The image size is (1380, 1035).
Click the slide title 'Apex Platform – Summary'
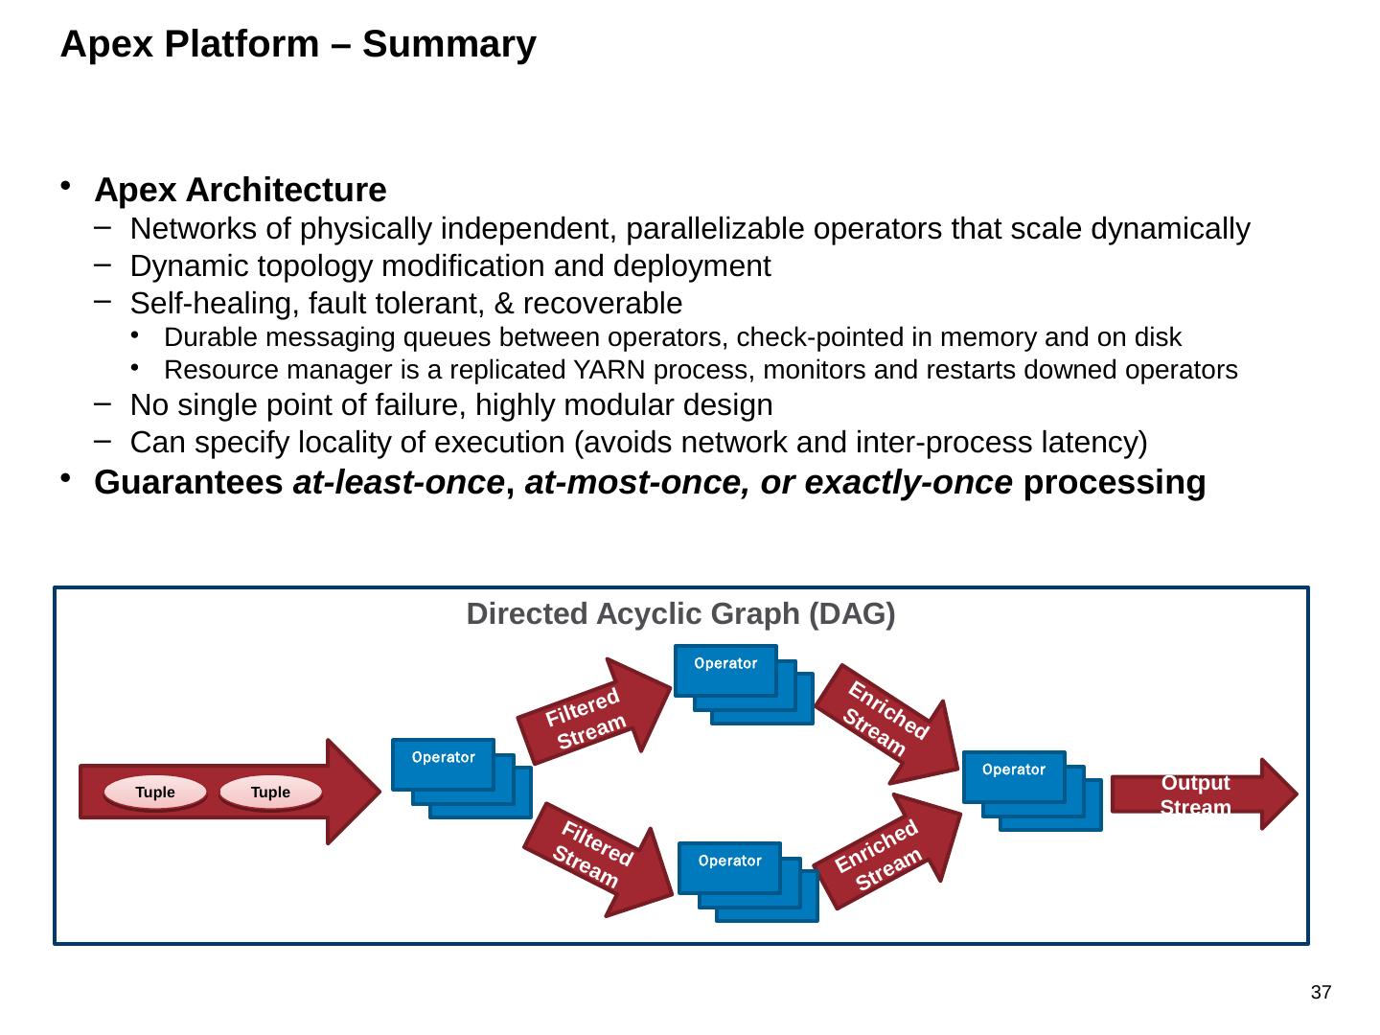[297, 44]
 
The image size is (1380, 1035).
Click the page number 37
[1321, 993]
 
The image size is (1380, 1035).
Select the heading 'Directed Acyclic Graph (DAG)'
[680, 613]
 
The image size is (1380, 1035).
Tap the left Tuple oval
[155, 793]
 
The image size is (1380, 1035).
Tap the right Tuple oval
[270, 793]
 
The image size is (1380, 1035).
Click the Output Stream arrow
[1198, 794]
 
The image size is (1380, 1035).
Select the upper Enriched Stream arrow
[886, 722]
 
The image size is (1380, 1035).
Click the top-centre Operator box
[725, 669]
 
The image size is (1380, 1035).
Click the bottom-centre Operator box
[729, 867]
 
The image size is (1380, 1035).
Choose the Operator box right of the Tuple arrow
[443, 764]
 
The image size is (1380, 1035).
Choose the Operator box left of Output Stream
[1014, 776]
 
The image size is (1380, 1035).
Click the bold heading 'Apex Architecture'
[241, 190]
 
